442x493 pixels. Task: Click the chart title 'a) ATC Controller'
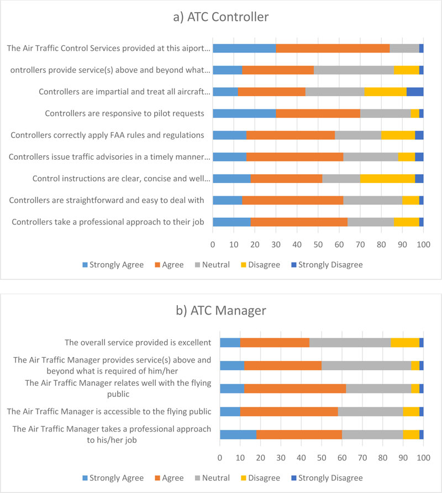[x=220, y=17]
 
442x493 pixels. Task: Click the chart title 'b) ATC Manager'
[x=220, y=311]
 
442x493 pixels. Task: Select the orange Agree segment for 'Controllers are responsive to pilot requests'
[x=318, y=113]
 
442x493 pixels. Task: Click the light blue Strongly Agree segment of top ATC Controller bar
[x=244, y=48]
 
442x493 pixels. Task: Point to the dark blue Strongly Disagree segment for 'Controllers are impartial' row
[x=415, y=92]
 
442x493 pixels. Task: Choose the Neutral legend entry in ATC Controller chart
[x=212, y=265]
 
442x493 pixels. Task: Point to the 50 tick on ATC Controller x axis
[x=318, y=244]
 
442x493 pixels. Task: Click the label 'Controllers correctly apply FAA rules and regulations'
[x=108, y=135]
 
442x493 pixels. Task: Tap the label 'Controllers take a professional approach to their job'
[x=108, y=222]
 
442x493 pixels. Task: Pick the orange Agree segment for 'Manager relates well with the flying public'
[x=295, y=388]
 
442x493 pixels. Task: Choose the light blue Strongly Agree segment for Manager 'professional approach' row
[x=238, y=434]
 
